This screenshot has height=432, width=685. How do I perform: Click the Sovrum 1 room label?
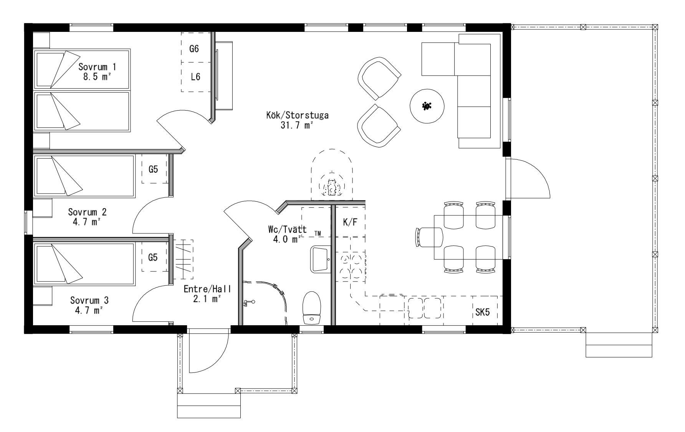pos(98,67)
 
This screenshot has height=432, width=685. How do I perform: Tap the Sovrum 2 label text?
pos(88,212)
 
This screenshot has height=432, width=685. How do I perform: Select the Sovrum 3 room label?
pos(89,300)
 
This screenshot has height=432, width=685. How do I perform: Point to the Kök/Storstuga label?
pos(298,115)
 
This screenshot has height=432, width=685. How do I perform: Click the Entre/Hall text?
pos(207,289)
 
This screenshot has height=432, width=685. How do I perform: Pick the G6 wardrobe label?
pos(194,49)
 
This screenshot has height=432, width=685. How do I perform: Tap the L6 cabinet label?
pos(195,77)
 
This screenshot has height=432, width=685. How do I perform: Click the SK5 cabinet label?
pos(483,312)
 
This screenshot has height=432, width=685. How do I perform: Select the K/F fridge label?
pos(349,222)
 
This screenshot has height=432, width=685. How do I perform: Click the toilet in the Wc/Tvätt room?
pos(312,308)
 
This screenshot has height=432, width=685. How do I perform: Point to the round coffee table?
pos(427,106)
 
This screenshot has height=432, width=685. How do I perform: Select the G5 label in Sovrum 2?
pos(153,169)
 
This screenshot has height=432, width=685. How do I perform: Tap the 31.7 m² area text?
pos(298,125)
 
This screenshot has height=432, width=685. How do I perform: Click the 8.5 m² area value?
pos(97,76)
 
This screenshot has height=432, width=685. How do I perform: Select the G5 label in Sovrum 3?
pos(153,257)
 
